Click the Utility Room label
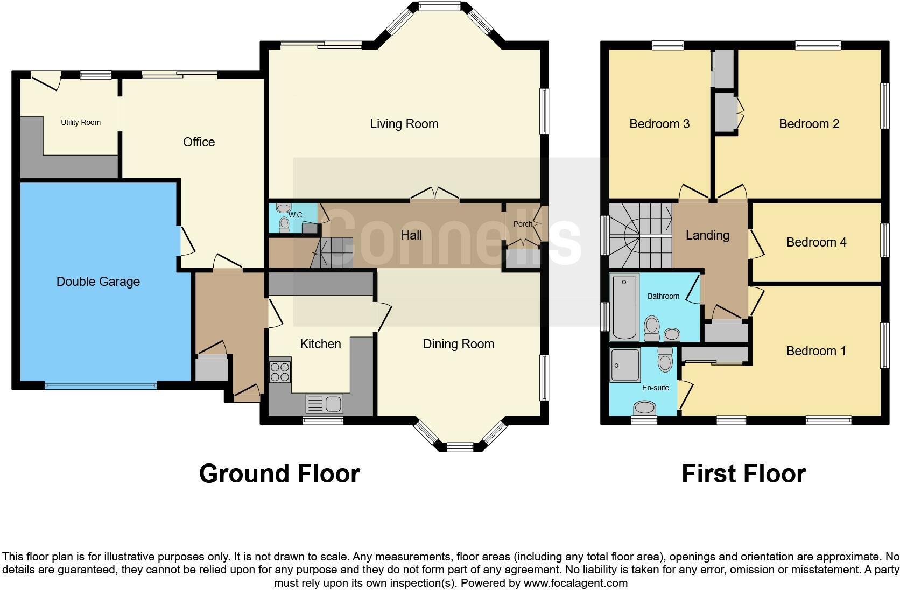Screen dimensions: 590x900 [x=81, y=123]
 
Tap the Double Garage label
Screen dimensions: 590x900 [x=98, y=282]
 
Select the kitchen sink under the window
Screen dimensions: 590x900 [x=324, y=403]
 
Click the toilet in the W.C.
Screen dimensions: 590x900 [x=284, y=224]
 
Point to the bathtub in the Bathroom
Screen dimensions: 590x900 [x=624, y=307]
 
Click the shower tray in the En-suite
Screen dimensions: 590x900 [x=625, y=364]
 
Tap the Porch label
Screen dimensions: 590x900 [x=522, y=224]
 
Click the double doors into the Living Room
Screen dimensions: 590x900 [x=435, y=194]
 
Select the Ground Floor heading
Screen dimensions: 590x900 [x=279, y=474]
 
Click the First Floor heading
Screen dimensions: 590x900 [x=743, y=474]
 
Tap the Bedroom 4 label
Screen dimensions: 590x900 [x=816, y=242]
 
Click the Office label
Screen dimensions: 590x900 [x=199, y=142]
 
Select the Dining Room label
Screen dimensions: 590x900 [x=458, y=344]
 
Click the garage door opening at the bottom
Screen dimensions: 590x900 [x=100, y=385]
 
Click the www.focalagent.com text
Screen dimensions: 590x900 [x=575, y=583]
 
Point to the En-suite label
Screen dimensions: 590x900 [x=655, y=388]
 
